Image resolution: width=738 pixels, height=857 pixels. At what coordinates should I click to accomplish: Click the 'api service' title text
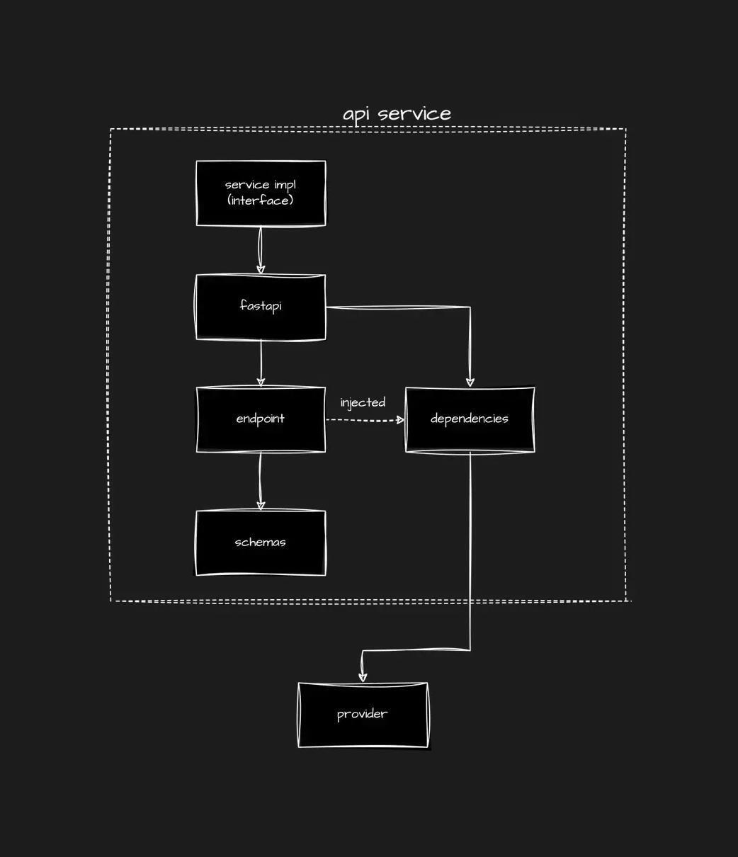pos(397,114)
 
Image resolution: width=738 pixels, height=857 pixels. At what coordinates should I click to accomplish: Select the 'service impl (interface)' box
pos(261,193)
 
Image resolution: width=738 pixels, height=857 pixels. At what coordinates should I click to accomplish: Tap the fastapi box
pos(261,307)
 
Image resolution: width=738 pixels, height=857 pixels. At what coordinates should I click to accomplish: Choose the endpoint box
pos(261,419)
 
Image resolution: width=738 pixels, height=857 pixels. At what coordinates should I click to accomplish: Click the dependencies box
pos(470,419)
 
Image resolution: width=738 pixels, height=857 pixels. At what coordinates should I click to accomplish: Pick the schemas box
pos(261,543)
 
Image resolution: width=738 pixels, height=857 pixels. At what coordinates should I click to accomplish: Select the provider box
pos(363,714)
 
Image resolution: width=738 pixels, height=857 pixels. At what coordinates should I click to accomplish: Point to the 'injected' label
pos(363,402)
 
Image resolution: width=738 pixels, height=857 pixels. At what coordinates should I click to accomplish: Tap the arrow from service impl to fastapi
pos(261,248)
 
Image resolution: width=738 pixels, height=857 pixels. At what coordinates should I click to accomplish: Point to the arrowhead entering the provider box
pos(363,676)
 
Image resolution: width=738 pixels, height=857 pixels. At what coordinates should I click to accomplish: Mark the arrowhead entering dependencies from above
pos(470,382)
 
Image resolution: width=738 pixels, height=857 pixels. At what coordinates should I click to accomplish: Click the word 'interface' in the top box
pos(260,200)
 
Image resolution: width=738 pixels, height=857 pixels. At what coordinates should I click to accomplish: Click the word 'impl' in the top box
pos(285,185)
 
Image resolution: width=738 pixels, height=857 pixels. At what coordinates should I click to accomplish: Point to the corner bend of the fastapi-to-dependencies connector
pos(470,307)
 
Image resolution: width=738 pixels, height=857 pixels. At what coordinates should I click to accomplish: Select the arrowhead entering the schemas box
pos(261,505)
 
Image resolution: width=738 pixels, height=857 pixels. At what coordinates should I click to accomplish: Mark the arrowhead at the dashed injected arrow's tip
pos(400,420)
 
